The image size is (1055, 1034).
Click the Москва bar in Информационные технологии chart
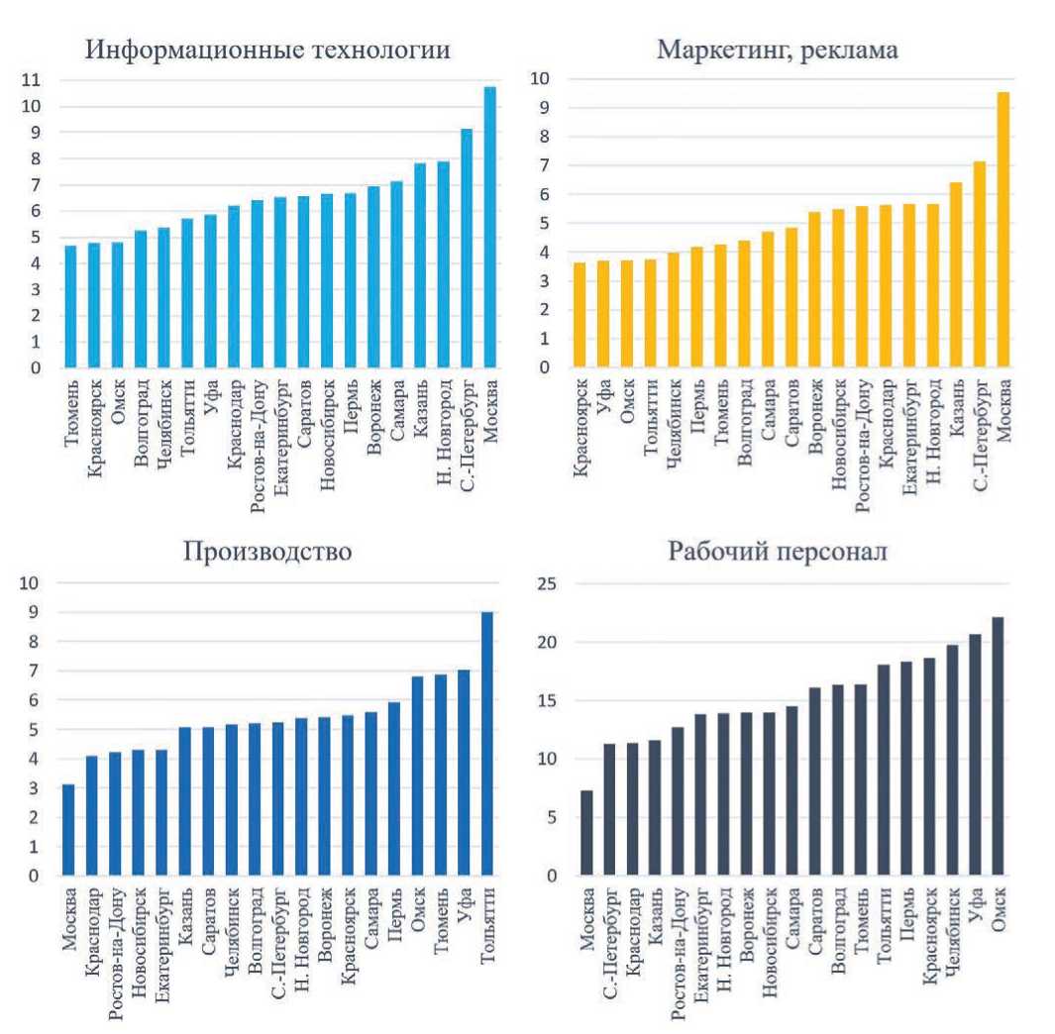[489, 228]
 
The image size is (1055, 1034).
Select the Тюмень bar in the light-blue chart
[70, 307]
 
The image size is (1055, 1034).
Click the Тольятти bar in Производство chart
[487, 743]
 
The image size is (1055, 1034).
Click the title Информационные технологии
[267, 51]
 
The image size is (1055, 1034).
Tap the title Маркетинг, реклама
[778, 51]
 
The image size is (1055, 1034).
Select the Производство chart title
[267, 552]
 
